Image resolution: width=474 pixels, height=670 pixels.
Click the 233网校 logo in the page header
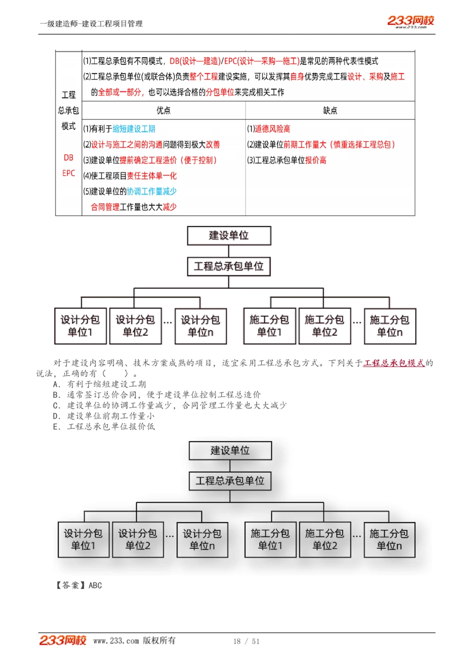(x=410, y=21)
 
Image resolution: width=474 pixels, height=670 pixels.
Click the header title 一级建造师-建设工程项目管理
(x=91, y=24)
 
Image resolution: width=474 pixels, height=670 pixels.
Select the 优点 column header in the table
(x=164, y=110)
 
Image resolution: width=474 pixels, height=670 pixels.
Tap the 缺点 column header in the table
(x=330, y=110)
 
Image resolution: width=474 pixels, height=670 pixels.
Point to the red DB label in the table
(x=69, y=158)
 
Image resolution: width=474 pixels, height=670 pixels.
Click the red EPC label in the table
(x=69, y=173)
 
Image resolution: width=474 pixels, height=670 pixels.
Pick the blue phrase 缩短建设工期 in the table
(x=134, y=129)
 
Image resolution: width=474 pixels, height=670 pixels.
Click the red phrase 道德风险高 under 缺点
(x=272, y=129)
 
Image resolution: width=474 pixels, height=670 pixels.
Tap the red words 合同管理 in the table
(x=105, y=207)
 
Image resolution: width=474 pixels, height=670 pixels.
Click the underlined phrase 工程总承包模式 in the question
(x=394, y=363)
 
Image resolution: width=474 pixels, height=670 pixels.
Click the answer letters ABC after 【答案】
(x=95, y=585)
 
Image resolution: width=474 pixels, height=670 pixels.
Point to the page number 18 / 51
(x=246, y=641)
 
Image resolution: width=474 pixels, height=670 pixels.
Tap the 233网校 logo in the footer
(x=63, y=640)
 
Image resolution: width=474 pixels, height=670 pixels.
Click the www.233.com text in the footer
(x=116, y=641)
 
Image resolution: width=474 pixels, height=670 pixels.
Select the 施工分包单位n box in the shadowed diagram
(x=389, y=540)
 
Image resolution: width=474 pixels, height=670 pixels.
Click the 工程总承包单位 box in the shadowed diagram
(x=230, y=481)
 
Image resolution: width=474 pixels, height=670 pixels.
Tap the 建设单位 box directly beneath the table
(x=229, y=235)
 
